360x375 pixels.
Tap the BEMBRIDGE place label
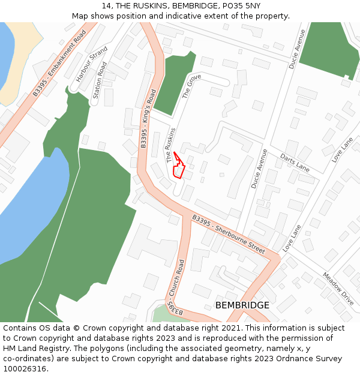click(x=242, y=305)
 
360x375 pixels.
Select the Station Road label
click(x=100, y=80)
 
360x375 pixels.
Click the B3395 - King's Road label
click(x=148, y=118)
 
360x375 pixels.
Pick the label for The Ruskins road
click(x=171, y=146)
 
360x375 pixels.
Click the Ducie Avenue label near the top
click(x=297, y=49)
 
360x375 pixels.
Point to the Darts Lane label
click(x=295, y=163)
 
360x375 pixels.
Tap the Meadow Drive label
click(x=338, y=289)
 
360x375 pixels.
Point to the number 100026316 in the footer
click(x=25, y=369)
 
